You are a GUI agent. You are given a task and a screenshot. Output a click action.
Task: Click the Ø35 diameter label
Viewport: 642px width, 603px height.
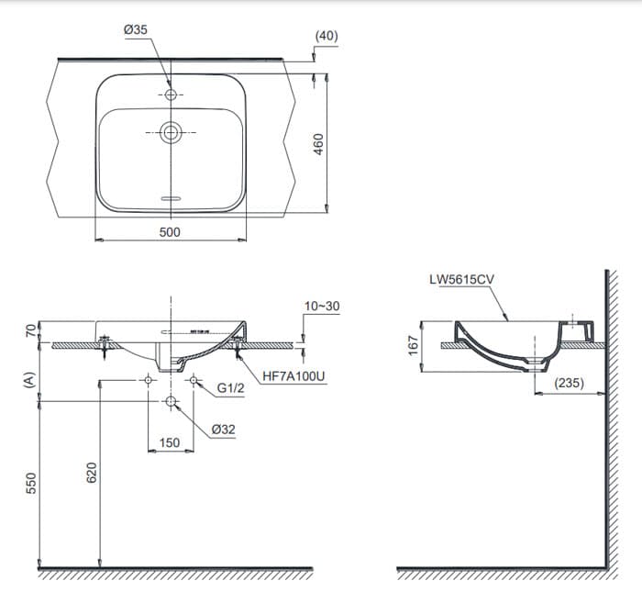[x=135, y=30]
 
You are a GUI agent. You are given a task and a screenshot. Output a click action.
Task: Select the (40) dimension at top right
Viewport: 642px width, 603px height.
[x=327, y=36]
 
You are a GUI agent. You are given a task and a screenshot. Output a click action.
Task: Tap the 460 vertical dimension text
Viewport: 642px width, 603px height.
[x=318, y=144]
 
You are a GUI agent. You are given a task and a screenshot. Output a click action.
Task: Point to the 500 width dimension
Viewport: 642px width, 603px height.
[x=170, y=232]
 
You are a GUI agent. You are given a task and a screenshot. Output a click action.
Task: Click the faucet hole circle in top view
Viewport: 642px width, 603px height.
[x=171, y=95]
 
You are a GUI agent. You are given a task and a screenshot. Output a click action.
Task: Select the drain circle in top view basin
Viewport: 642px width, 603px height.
[x=171, y=132]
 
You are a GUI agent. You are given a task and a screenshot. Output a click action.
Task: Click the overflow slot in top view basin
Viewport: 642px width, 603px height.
[x=171, y=198]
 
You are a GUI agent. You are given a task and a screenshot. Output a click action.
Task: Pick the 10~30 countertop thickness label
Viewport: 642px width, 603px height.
[x=322, y=306]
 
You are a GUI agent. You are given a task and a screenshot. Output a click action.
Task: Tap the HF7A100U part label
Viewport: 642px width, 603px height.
[x=293, y=376]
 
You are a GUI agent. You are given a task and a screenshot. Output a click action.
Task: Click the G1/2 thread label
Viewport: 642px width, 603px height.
[x=230, y=388]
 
